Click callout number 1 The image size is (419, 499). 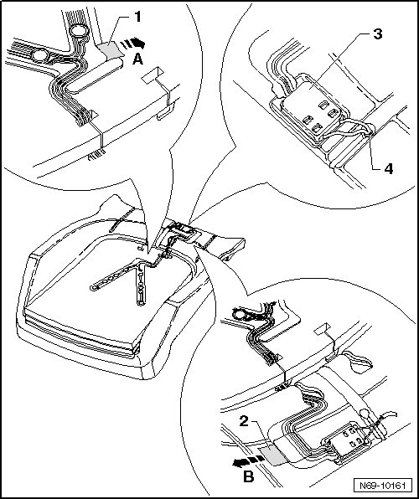click(x=137, y=17)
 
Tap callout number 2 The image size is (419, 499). click(x=244, y=422)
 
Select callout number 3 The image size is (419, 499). click(x=378, y=34)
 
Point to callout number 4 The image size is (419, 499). click(x=388, y=169)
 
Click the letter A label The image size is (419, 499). click(x=137, y=59)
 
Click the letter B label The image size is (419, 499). click(x=249, y=477)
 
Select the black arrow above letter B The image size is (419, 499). click(x=249, y=461)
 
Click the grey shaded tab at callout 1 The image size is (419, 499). click(x=110, y=49)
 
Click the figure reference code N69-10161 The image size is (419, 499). click(x=383, y=486)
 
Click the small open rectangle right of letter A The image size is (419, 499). click(x=153, y=75)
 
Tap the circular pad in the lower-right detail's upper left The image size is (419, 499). click(x=240, y=316)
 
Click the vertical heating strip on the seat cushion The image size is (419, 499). click(x=141, y=284)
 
